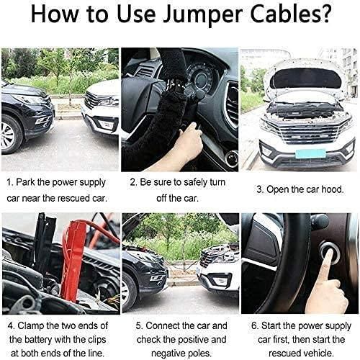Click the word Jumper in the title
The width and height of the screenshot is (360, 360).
[202, 14]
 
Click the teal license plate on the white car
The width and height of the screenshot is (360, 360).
[310, 153]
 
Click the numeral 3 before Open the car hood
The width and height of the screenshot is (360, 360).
[259, 189]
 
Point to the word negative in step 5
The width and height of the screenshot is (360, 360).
[168, 354]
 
